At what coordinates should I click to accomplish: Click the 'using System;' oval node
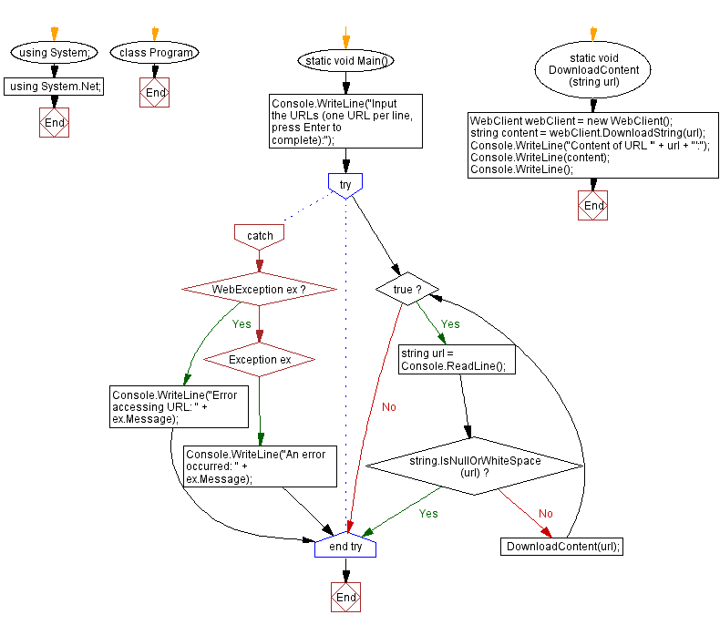click(x=55, y=53)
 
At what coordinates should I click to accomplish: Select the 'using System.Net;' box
click(x=55, y=87)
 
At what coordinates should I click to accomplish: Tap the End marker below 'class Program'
click(x=155, y=93)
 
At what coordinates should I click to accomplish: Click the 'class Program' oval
click(x=156, y=53)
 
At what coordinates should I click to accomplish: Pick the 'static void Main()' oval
click(x=346, y=61)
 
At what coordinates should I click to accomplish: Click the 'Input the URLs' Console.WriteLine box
click(x=346, y=120)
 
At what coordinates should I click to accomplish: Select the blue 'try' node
click(x=345, y=185)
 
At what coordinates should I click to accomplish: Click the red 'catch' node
click(x=260, y=236)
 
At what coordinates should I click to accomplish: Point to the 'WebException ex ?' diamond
click(x=260, y=289)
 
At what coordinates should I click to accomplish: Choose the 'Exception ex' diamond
click(x=260, y=360)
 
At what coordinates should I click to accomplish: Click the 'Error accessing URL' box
click(x=178, y=406)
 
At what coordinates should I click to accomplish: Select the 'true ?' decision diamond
click(x=406, y=289)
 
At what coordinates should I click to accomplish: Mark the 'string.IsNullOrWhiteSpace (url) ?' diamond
click(x=475, y=466)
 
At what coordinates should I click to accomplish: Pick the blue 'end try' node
click(x=345, y=547)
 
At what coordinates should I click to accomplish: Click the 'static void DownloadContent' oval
click(x=593, y=70)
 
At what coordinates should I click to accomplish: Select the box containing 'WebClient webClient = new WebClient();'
click(x=593, y=145)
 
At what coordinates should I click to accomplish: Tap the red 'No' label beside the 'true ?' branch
click(x=389, y=406)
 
